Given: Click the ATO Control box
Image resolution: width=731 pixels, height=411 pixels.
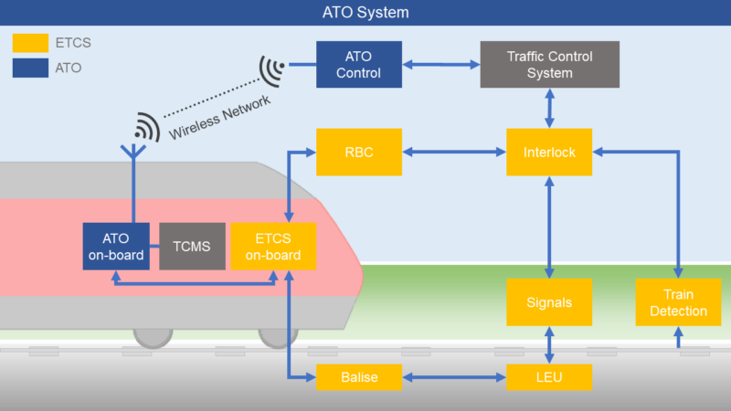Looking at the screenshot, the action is pyautogui.click(x=359, y=64).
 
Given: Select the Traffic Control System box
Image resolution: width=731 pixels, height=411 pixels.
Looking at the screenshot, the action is pyautogui.click(x=550, y=64).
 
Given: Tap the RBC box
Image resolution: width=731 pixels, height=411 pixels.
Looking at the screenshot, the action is pyautogui.click(x=359, y=152).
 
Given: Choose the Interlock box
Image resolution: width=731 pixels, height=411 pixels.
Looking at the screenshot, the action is pyautogui.click(x=549, y=152).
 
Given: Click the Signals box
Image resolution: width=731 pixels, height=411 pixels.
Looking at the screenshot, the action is pyautogui.click(x=549, y=302).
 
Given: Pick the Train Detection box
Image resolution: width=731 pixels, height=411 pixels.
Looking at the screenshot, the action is pyautogui.click(x=678, y=302).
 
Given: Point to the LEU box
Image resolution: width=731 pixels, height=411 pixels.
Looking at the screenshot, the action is pyautogui.click(x=549, y=377).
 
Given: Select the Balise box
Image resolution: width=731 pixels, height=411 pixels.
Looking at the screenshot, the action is pyautogui.click(x=359, y=377).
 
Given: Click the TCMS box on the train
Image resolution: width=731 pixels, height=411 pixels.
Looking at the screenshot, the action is pyautogui.click(x=192, y=246).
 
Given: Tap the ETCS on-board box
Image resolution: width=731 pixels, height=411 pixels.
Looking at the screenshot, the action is pyautogui.click(x=273, y=246).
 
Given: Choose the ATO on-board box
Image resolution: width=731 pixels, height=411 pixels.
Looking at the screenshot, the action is pyautogui.click(x=116, y=246).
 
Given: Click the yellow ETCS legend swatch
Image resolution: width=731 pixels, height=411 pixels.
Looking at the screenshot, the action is pyautogui.click(x=30, y=43).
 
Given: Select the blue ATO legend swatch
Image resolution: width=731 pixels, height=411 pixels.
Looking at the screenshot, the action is pyautogui.click(x=30, y=68).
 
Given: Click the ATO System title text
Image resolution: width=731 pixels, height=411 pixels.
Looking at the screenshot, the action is pyautogui.click(x=365, y=12).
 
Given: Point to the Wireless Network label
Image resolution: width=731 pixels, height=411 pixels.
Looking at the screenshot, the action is pyautogui.click(x=219, y=118).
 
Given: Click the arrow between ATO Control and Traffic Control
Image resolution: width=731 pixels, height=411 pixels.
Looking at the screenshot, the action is pyautogui.click(x=441, y=64).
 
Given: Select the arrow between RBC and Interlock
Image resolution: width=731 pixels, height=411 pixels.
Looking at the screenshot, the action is pyautogui.click(x=454, y=152).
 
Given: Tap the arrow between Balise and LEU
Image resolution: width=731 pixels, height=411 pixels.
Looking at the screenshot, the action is pyautogui.click(x=454, y=377).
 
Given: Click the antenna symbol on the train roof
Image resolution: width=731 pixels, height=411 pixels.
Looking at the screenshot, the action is pyautogui.click(x=133, y=152).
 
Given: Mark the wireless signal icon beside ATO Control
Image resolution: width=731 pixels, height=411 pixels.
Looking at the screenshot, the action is pyautogui.click(x=270, y=71).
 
